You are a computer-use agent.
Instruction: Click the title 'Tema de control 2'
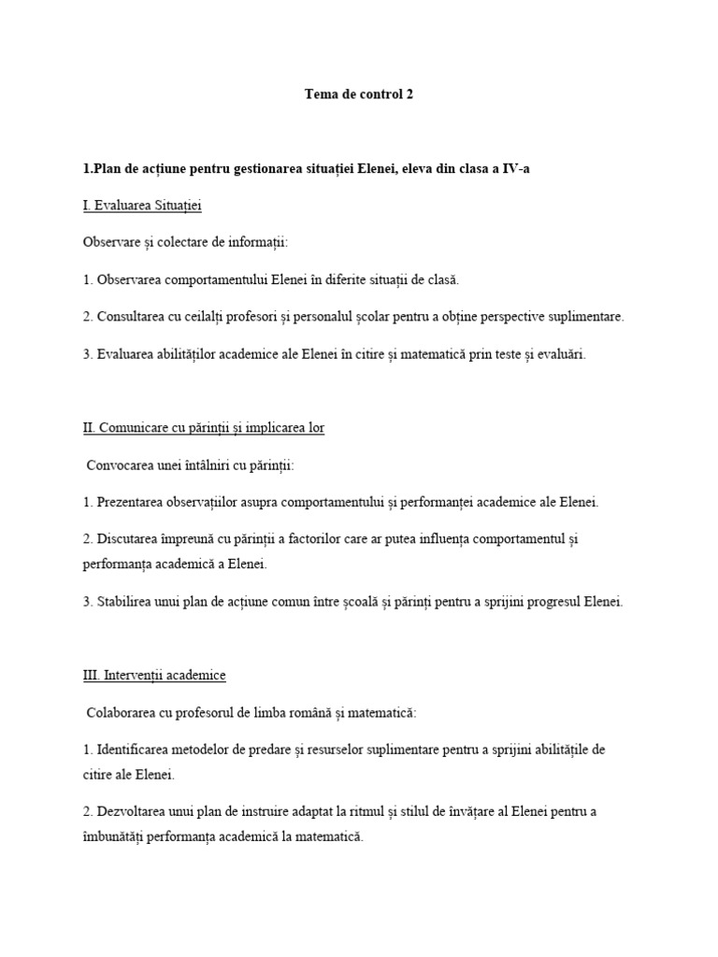tap(358, 94)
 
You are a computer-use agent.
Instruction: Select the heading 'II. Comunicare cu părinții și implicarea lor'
tap(204, 427)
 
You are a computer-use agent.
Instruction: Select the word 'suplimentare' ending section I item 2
tap(585, 316)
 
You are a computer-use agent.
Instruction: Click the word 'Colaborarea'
tap(122, 712)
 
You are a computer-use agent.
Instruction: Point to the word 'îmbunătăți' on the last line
tap(114, 836)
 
